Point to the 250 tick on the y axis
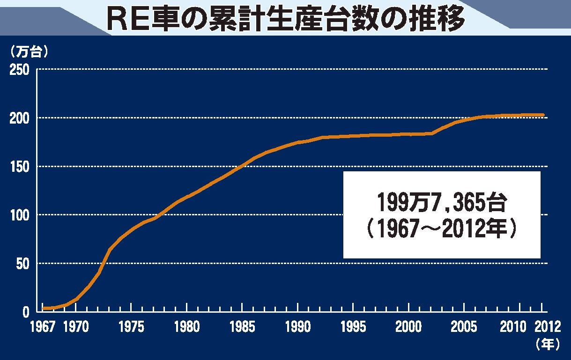pyautogui.click(x=20, y=70)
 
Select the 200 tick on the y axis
pyautogui.click(x=20, y=118)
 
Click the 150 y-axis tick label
pyautogui.click(x=20, y=167)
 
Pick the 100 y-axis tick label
pyautogui.click(x=20, y=215)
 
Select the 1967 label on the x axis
pyautogui.click(x=43, y=327)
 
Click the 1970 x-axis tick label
pyautogui.click(x=76, y=327)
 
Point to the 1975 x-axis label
pyautogui.click(x=132, y=327)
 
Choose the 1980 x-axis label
pyautogui.click(x=187, y=327)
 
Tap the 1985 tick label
pyautogui.click(x=242, y=327)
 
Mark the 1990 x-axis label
pyautogui.click(x=297, y=327)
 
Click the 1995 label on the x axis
pyautogui.click(x=353, y=327)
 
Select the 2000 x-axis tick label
pyautogui.click(x=408, y=327)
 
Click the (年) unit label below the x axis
pyautogui.click(x=547, y=345)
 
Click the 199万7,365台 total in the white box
pyautogui.click(x=442, y=202)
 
